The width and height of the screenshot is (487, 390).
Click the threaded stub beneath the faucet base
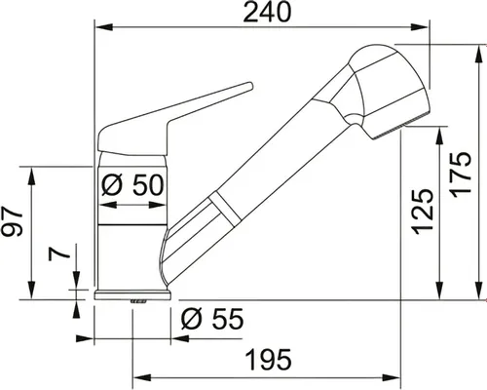pos(136,303)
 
